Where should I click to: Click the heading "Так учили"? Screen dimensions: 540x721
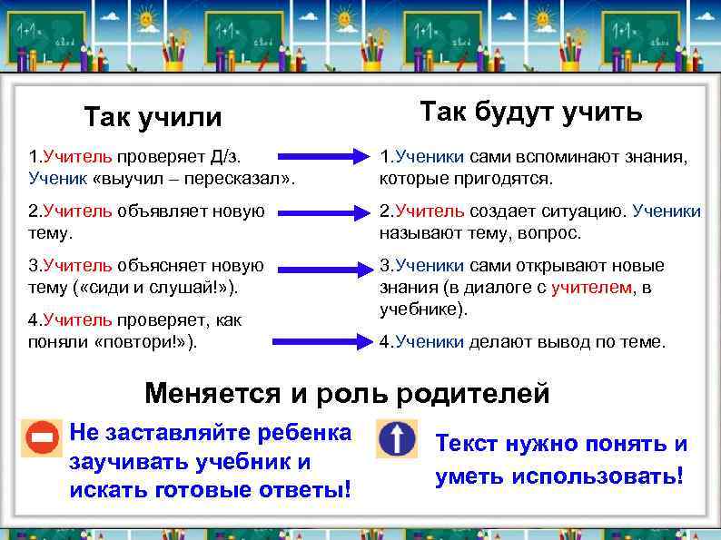point(153,118)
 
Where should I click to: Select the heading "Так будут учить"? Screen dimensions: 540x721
point(530,112)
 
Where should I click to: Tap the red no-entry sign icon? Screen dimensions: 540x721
point(42,439)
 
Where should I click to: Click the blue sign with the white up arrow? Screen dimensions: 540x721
point(397,439)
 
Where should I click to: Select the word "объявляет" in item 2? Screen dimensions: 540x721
point(160,211)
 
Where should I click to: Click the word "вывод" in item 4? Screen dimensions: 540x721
point(546,342)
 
